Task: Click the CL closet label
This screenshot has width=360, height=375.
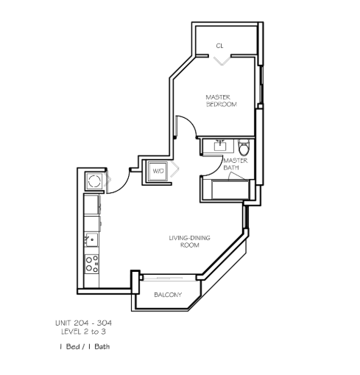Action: click(219, 46)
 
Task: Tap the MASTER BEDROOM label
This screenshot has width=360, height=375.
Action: click(222, 101)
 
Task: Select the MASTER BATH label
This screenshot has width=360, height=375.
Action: click(235, 164)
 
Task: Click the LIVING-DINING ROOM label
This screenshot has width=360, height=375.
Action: click(189, 241)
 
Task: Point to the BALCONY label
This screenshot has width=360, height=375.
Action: click(168, 295)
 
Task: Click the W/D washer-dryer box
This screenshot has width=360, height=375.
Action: click(158, 171)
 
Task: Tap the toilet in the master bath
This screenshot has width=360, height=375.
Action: click(244, 147)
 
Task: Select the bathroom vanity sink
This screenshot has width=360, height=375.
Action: click(220, 146)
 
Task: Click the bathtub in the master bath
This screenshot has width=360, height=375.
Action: click(230, 190)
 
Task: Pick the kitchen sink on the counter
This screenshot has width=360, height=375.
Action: click(91, 239)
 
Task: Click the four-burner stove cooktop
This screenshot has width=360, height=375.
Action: click(92, 264)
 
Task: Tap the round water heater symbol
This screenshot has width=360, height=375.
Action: click(94, 181)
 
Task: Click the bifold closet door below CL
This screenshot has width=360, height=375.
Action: click(222, 61)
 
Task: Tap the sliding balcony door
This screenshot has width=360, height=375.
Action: click(169, 278)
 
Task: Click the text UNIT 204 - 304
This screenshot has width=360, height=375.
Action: click(83, 323)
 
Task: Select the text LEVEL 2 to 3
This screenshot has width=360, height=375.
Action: click(83, 332)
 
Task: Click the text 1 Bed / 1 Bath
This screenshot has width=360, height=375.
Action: click(85, 346)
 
